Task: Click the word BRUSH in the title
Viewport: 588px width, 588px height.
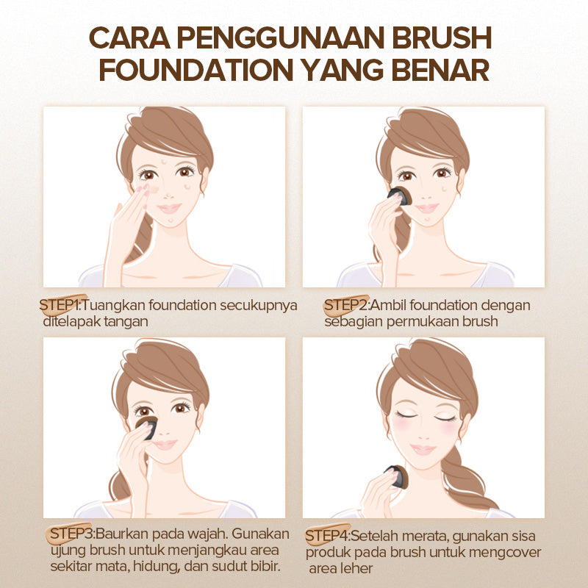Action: tap(442, 37)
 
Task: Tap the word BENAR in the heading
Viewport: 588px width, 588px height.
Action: tap(440, 69)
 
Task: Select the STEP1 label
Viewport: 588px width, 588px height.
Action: tap(60, 305)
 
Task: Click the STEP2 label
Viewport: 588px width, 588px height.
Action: tap(345, 305)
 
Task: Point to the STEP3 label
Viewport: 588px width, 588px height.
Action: tap(71, 534)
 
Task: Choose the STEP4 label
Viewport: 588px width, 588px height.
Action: tap(326, 536)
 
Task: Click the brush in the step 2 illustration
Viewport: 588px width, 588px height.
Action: tap(400, 196)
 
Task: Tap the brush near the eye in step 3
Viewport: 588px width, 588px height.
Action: tap(147, 426)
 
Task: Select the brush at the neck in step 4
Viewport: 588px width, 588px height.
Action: tap(398, 476)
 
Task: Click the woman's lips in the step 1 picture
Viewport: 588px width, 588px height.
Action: tap(169, 208)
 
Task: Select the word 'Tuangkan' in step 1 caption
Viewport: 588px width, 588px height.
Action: tap(113, 306)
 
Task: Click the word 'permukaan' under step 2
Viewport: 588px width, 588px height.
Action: tap(423, 322)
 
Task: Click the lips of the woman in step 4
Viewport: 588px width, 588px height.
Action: tap(423, 449)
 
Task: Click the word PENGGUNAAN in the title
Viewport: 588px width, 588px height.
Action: tap(281, 37)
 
